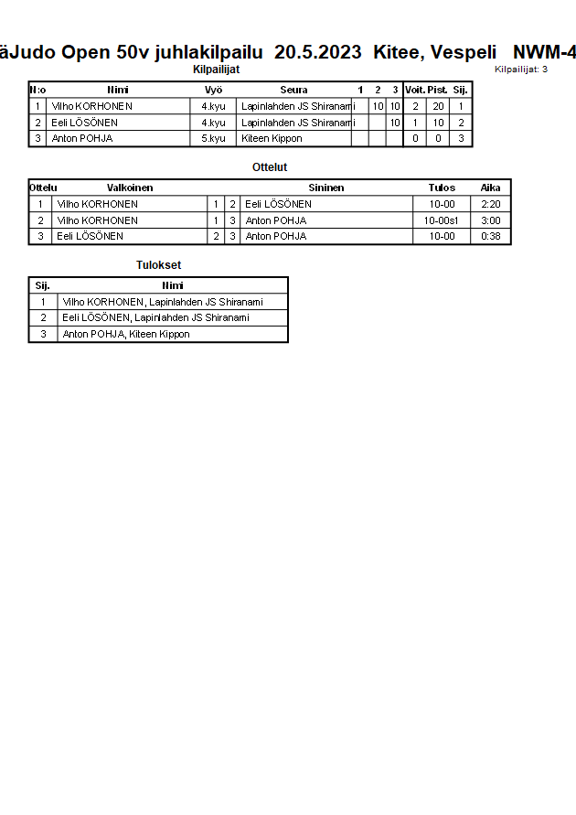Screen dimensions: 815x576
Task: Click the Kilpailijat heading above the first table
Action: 217,69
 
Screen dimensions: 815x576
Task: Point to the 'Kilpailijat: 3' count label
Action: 521,69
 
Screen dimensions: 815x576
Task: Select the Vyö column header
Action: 214,90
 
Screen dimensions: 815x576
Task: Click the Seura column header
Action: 293,90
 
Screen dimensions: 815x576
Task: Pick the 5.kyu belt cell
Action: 213,139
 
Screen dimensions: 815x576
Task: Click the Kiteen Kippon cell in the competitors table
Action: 272,139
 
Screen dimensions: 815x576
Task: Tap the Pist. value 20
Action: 438,106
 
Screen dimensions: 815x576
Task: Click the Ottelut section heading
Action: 270,167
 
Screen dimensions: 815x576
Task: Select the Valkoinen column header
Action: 130,188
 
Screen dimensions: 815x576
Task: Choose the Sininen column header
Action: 326,188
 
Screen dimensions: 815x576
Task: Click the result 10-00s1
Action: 442,220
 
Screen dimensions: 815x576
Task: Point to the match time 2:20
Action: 490,204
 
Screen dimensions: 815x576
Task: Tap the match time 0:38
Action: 490,236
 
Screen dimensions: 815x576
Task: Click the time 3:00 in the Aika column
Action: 490,220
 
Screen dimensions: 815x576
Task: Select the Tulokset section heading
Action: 159,265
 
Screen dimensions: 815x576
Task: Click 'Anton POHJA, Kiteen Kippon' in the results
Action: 126,334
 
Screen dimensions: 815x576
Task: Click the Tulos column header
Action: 442,188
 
